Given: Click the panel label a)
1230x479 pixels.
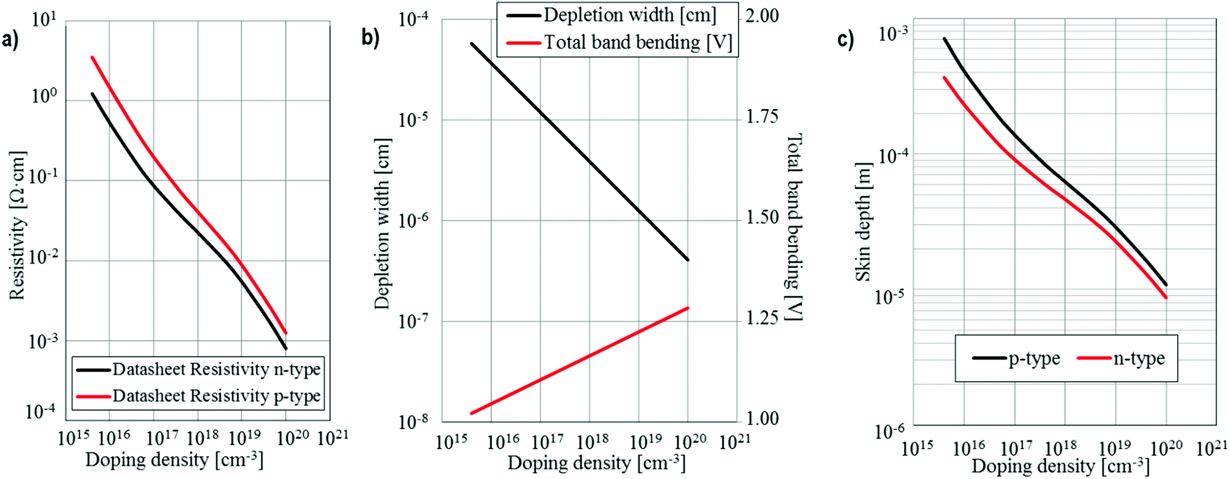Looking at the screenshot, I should click(10, 40).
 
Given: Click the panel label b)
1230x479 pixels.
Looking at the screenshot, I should click(370, 38).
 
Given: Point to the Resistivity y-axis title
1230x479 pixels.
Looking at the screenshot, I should click(17, 225).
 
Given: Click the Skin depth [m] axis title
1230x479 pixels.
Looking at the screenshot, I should click(862, 222).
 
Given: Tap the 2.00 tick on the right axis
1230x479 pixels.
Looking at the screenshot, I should click(762, 16).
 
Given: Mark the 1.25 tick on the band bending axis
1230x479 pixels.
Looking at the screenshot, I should click(762, 318).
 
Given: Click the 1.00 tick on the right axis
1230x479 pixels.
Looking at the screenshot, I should click(762, 419).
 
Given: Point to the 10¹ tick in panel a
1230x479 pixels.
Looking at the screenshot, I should click(43, 20).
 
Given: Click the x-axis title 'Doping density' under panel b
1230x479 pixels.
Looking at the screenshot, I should click(595, 462).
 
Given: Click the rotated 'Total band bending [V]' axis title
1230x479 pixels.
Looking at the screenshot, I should click(794, 227).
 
